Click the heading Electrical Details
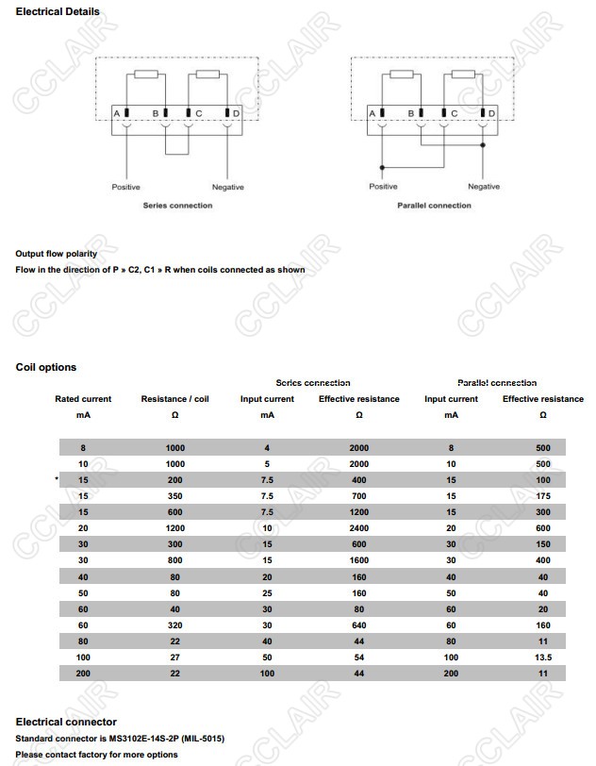click(58, 11)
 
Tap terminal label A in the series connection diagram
click(116, 114)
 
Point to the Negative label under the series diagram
click(227, 187)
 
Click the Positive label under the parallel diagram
click(383, 187)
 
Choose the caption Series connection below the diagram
click(177, 206)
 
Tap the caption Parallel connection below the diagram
click(434, 206)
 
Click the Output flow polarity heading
click(56, 254)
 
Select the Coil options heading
click(46, 367)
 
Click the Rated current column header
click(83, 399)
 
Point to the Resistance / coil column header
click(174, 399)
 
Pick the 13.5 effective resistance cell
click(542, 657)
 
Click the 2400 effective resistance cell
click(359, 528)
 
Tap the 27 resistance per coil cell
click(175, 657)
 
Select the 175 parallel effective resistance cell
click(542, 496)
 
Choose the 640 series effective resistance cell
click(359, 624)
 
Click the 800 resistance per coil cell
click(175, 560)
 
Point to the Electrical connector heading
click(66, 722)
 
